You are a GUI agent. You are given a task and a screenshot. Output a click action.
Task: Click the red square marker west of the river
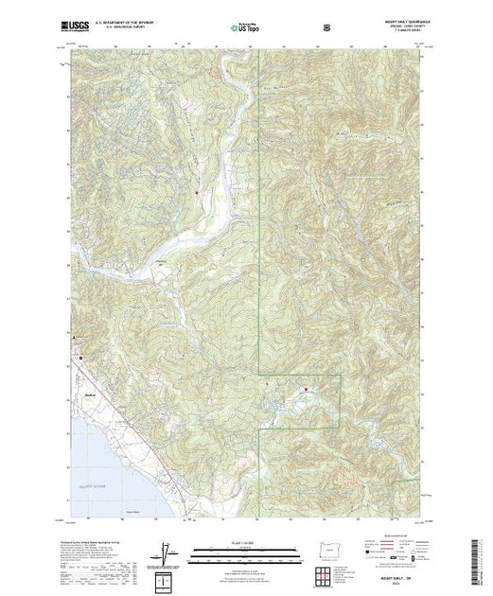coord(196,193)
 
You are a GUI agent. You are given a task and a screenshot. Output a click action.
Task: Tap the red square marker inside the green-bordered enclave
coord(306,387)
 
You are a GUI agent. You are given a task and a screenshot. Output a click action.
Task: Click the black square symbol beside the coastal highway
coord(81,358)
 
